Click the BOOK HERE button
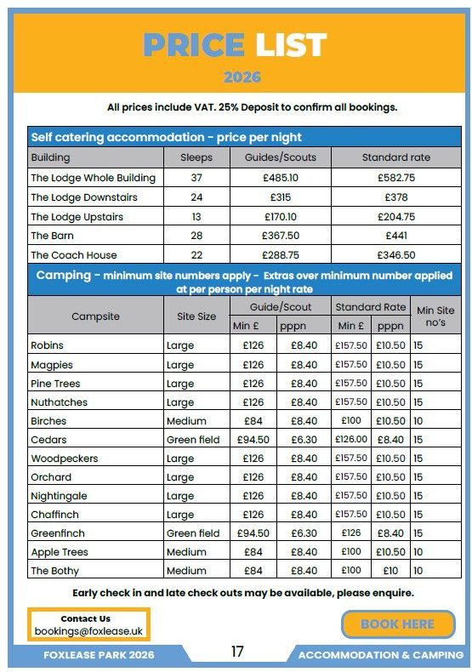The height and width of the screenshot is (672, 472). click(x=397, y=624)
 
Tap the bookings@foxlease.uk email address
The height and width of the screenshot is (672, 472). click(x=88, y=631)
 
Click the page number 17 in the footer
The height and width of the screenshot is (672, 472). click(x=237, y=652)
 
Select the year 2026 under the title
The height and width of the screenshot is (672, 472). click(x=242, y=77)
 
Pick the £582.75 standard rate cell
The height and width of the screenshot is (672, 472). click(x=396, y=178)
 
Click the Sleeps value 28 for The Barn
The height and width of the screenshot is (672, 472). click(x=196, y=236)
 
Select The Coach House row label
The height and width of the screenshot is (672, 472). click(x=74, y=254)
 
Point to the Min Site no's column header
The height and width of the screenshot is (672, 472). click(x=435, y=316)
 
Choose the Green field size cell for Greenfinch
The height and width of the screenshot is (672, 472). click(x=193, y=533)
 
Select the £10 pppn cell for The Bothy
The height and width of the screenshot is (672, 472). click(x=391, y=571)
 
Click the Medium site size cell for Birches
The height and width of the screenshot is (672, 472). click(x=186, y=421)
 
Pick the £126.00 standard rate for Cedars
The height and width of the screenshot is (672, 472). click(x=351, y=440)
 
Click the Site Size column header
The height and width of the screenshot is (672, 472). click(x=196, y=316)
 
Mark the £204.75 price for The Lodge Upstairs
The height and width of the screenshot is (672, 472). click(x=396, y=217)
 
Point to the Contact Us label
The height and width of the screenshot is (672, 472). click(x=85, y=618)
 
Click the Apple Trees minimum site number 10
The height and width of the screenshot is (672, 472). click(x=418, y=552)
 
